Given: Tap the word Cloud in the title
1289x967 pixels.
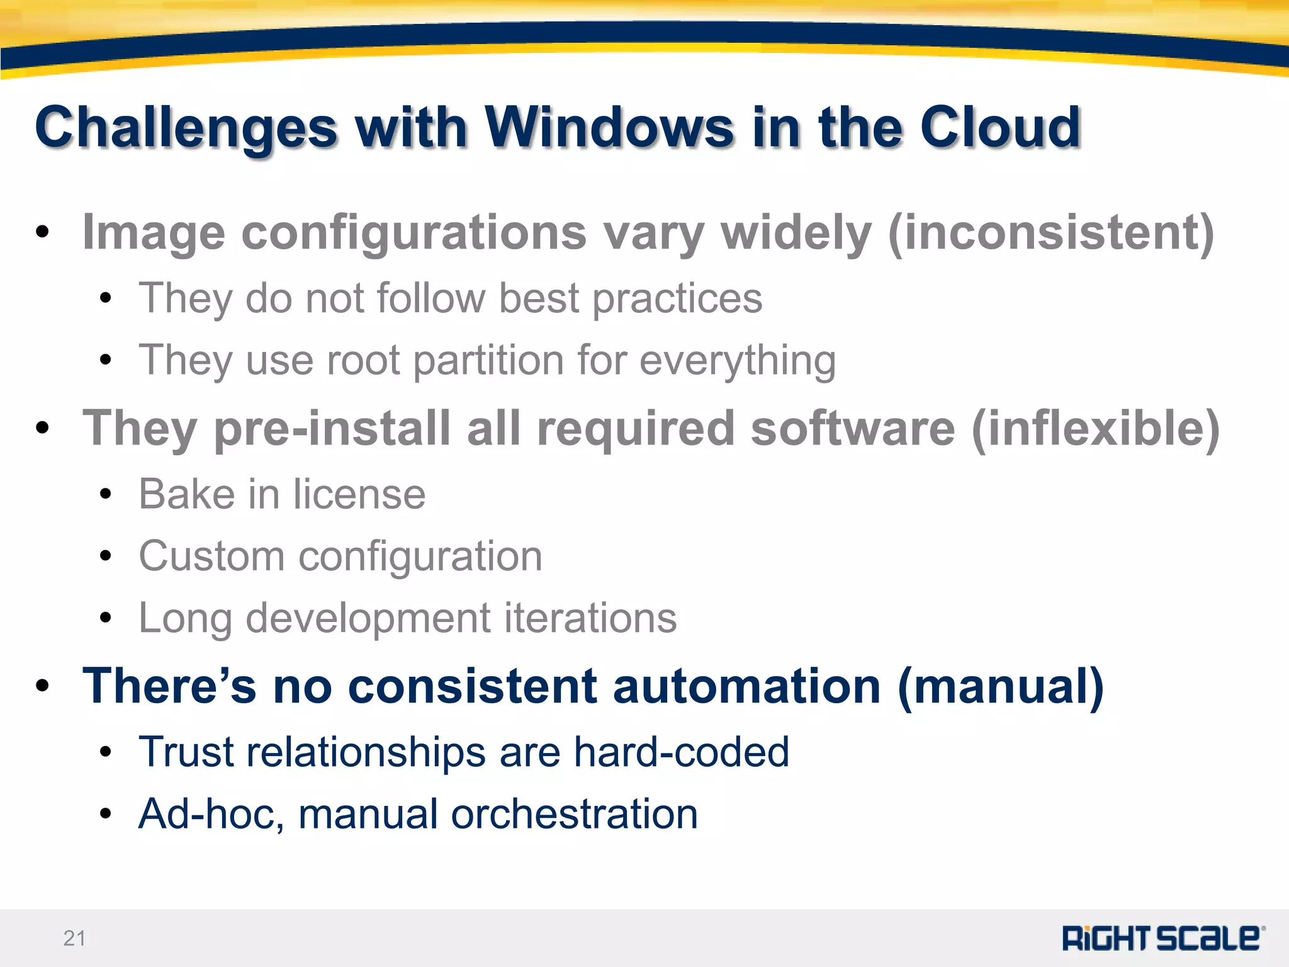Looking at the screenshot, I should (x=1000, y=128).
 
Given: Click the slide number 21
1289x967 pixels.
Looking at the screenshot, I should (x=74, y=938).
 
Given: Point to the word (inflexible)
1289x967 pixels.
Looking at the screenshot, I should (x=1095, y=428).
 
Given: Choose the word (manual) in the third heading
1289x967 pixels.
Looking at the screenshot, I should (x=1001, y=686).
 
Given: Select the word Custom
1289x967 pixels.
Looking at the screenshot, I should (x=211, y=557).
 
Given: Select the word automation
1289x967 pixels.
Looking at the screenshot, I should (x=746, y=686).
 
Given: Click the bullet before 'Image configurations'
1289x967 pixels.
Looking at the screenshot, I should (x=42, y=232).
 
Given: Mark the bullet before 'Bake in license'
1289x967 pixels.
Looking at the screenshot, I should (x=106, y=494).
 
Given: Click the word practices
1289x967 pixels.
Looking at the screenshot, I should (x=677, y=298).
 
